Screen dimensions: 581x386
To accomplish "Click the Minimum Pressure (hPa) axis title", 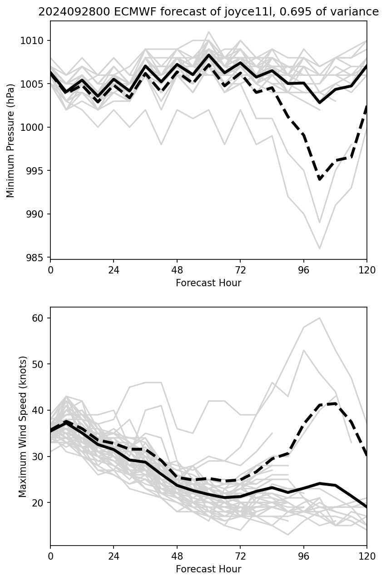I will (11, 140).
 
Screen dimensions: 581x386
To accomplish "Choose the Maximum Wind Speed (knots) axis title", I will (23, 426).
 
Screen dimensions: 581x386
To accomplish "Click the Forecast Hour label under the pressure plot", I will (208, 283).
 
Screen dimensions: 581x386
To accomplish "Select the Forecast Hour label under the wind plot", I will (208, 569).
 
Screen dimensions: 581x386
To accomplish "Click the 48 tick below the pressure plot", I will (177, 270).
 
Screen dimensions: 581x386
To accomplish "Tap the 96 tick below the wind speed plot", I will (303, 556).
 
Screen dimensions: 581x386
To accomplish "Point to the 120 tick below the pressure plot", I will (366, 270).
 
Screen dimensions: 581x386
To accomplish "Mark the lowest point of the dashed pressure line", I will (320, 179).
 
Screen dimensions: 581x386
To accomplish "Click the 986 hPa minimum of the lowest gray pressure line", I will (320, 248).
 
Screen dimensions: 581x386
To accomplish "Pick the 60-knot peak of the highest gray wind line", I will (320, 318).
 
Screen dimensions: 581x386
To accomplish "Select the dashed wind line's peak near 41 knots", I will (335, 403).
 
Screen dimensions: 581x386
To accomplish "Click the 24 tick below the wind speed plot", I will (114, 556).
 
